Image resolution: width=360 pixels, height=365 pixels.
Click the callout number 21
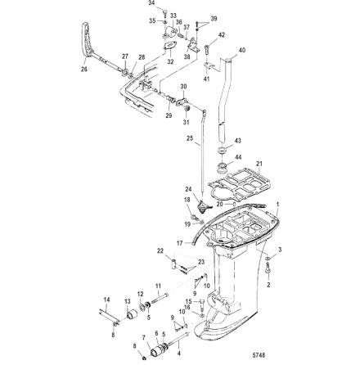pos(259,164)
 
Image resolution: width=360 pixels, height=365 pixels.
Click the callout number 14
pos(106,301)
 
